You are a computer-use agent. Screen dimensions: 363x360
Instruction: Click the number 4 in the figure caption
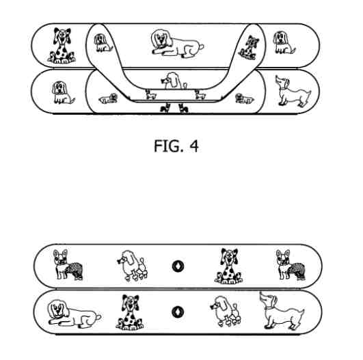coord(194,146)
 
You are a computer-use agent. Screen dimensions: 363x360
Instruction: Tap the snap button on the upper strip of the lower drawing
coord(178,266)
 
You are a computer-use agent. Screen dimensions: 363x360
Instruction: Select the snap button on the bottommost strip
coord(178,312)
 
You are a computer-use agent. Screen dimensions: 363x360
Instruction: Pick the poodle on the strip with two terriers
coord(132,265)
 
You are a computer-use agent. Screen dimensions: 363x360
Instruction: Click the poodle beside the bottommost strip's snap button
coord(226,311)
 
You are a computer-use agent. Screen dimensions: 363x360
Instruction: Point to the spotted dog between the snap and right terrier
coord(228,266)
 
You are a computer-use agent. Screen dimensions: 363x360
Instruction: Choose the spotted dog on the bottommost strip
coord(130,312)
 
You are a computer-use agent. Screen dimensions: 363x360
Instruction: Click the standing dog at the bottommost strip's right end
coord(282,311)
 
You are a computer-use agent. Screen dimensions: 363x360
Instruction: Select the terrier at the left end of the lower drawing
coord(68,264)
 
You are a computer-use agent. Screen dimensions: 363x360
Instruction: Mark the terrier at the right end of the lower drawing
coord(291,264)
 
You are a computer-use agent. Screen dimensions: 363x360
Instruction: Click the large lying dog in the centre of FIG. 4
coord(177,43)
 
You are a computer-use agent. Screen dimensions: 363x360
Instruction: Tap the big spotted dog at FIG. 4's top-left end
coord(62,46)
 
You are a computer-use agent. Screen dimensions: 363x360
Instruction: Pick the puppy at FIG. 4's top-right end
coord(284,43)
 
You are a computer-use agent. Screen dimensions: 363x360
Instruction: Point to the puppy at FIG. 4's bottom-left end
coord(63,92)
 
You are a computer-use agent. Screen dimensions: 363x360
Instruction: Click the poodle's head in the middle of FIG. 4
coord(171,81)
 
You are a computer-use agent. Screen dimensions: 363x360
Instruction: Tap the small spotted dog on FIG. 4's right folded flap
coord(249,47)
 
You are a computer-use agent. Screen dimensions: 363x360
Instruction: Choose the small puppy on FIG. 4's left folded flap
coord(103,43)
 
